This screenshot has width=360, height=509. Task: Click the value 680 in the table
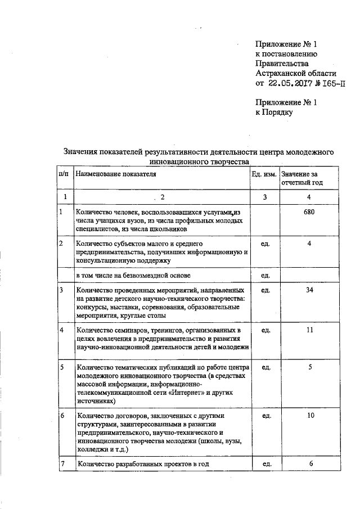[x=309, y=212]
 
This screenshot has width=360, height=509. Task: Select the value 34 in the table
[x=309, y=290]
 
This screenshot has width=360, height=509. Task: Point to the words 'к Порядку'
[x=274, y=112]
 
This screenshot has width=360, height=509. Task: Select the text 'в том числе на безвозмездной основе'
[x=133, y=275]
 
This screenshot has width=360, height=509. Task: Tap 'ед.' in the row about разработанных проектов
[x=264, y=464]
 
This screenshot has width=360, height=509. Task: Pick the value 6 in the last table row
[x=310, y=463]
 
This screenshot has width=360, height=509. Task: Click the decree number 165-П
[x=332, y=84]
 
